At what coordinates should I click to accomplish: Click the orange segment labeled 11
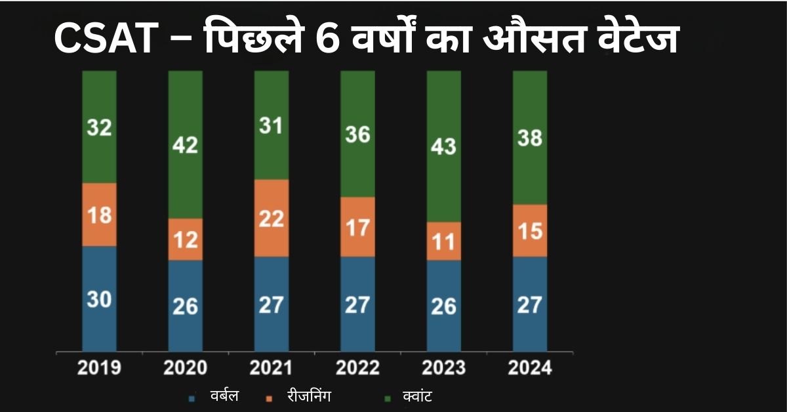[x=444, y=241]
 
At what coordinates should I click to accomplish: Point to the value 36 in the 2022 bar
[x=358, y=135]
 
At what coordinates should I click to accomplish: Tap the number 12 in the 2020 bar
[x=185, y=239]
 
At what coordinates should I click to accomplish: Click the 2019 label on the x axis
[x=99, y=368]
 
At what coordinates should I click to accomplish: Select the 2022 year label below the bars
[x=358, y=368]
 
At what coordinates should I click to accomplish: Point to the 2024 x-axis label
[x=530, y=368]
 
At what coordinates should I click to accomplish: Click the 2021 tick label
[x=272, y=368]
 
